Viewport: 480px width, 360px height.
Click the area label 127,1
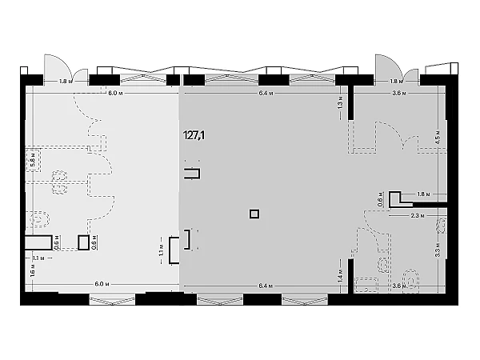pos(194,136)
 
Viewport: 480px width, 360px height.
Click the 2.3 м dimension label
pos(416,215)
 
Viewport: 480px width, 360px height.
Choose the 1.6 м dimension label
pos(32,271)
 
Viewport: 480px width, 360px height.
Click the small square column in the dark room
pos(254,214)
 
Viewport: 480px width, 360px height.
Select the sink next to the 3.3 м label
pos(439,226)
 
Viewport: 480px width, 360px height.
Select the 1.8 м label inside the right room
pos(423,194)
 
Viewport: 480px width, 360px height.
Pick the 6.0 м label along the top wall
pos(115,93)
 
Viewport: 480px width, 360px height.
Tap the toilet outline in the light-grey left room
pos(36,218)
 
